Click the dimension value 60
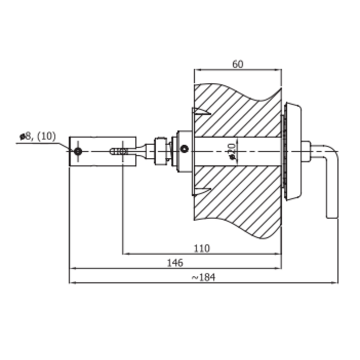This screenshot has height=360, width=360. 238,64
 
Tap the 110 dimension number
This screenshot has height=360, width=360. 202,248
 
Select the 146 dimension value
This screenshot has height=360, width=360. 175,263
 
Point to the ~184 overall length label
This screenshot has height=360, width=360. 203,278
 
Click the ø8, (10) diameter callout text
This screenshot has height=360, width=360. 37,136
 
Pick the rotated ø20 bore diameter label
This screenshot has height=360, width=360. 233,151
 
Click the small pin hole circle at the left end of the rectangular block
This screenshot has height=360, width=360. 78,151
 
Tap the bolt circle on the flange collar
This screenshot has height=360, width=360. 184,149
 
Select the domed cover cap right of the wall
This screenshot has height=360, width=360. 293,151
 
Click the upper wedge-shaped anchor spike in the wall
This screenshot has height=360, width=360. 202,111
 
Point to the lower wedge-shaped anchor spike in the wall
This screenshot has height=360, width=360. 202,191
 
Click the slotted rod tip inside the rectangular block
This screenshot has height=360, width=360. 119,151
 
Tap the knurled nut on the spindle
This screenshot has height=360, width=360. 161,151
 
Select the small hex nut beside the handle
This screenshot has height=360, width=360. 306,151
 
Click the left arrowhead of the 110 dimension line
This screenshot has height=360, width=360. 126,254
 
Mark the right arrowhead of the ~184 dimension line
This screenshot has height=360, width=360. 335,283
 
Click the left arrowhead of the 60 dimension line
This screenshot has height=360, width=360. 198,70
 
